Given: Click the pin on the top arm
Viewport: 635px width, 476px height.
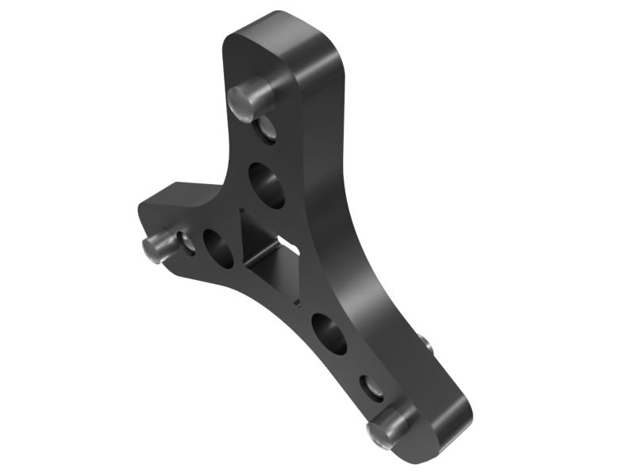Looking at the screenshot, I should pyautogui.click(x=252, y=98).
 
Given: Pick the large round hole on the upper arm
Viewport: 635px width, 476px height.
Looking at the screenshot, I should pyautogui.click(x=267, y=184).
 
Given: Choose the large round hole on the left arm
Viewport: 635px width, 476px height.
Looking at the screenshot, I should pyautogui.click(x=218, y=248).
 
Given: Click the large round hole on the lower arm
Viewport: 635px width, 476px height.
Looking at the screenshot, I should pyautogui.click(x=330, y=333).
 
